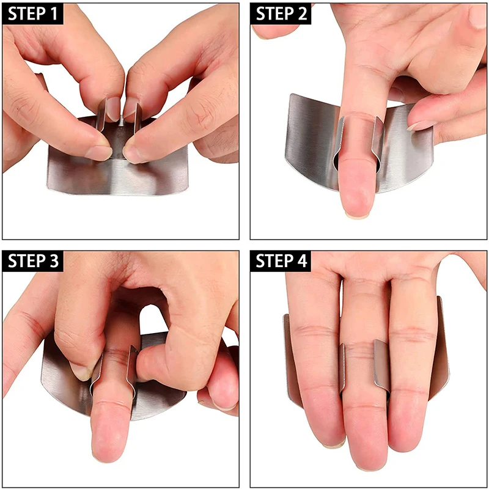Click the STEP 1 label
coord(33,14)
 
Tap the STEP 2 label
coord(281,14)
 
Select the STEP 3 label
coord(33,261)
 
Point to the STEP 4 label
coord(281,261)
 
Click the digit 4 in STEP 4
coord(302,261)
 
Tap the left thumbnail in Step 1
coord(98,152)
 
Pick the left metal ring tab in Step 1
coord(101,114)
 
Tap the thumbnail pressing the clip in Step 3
coord(80,370)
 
